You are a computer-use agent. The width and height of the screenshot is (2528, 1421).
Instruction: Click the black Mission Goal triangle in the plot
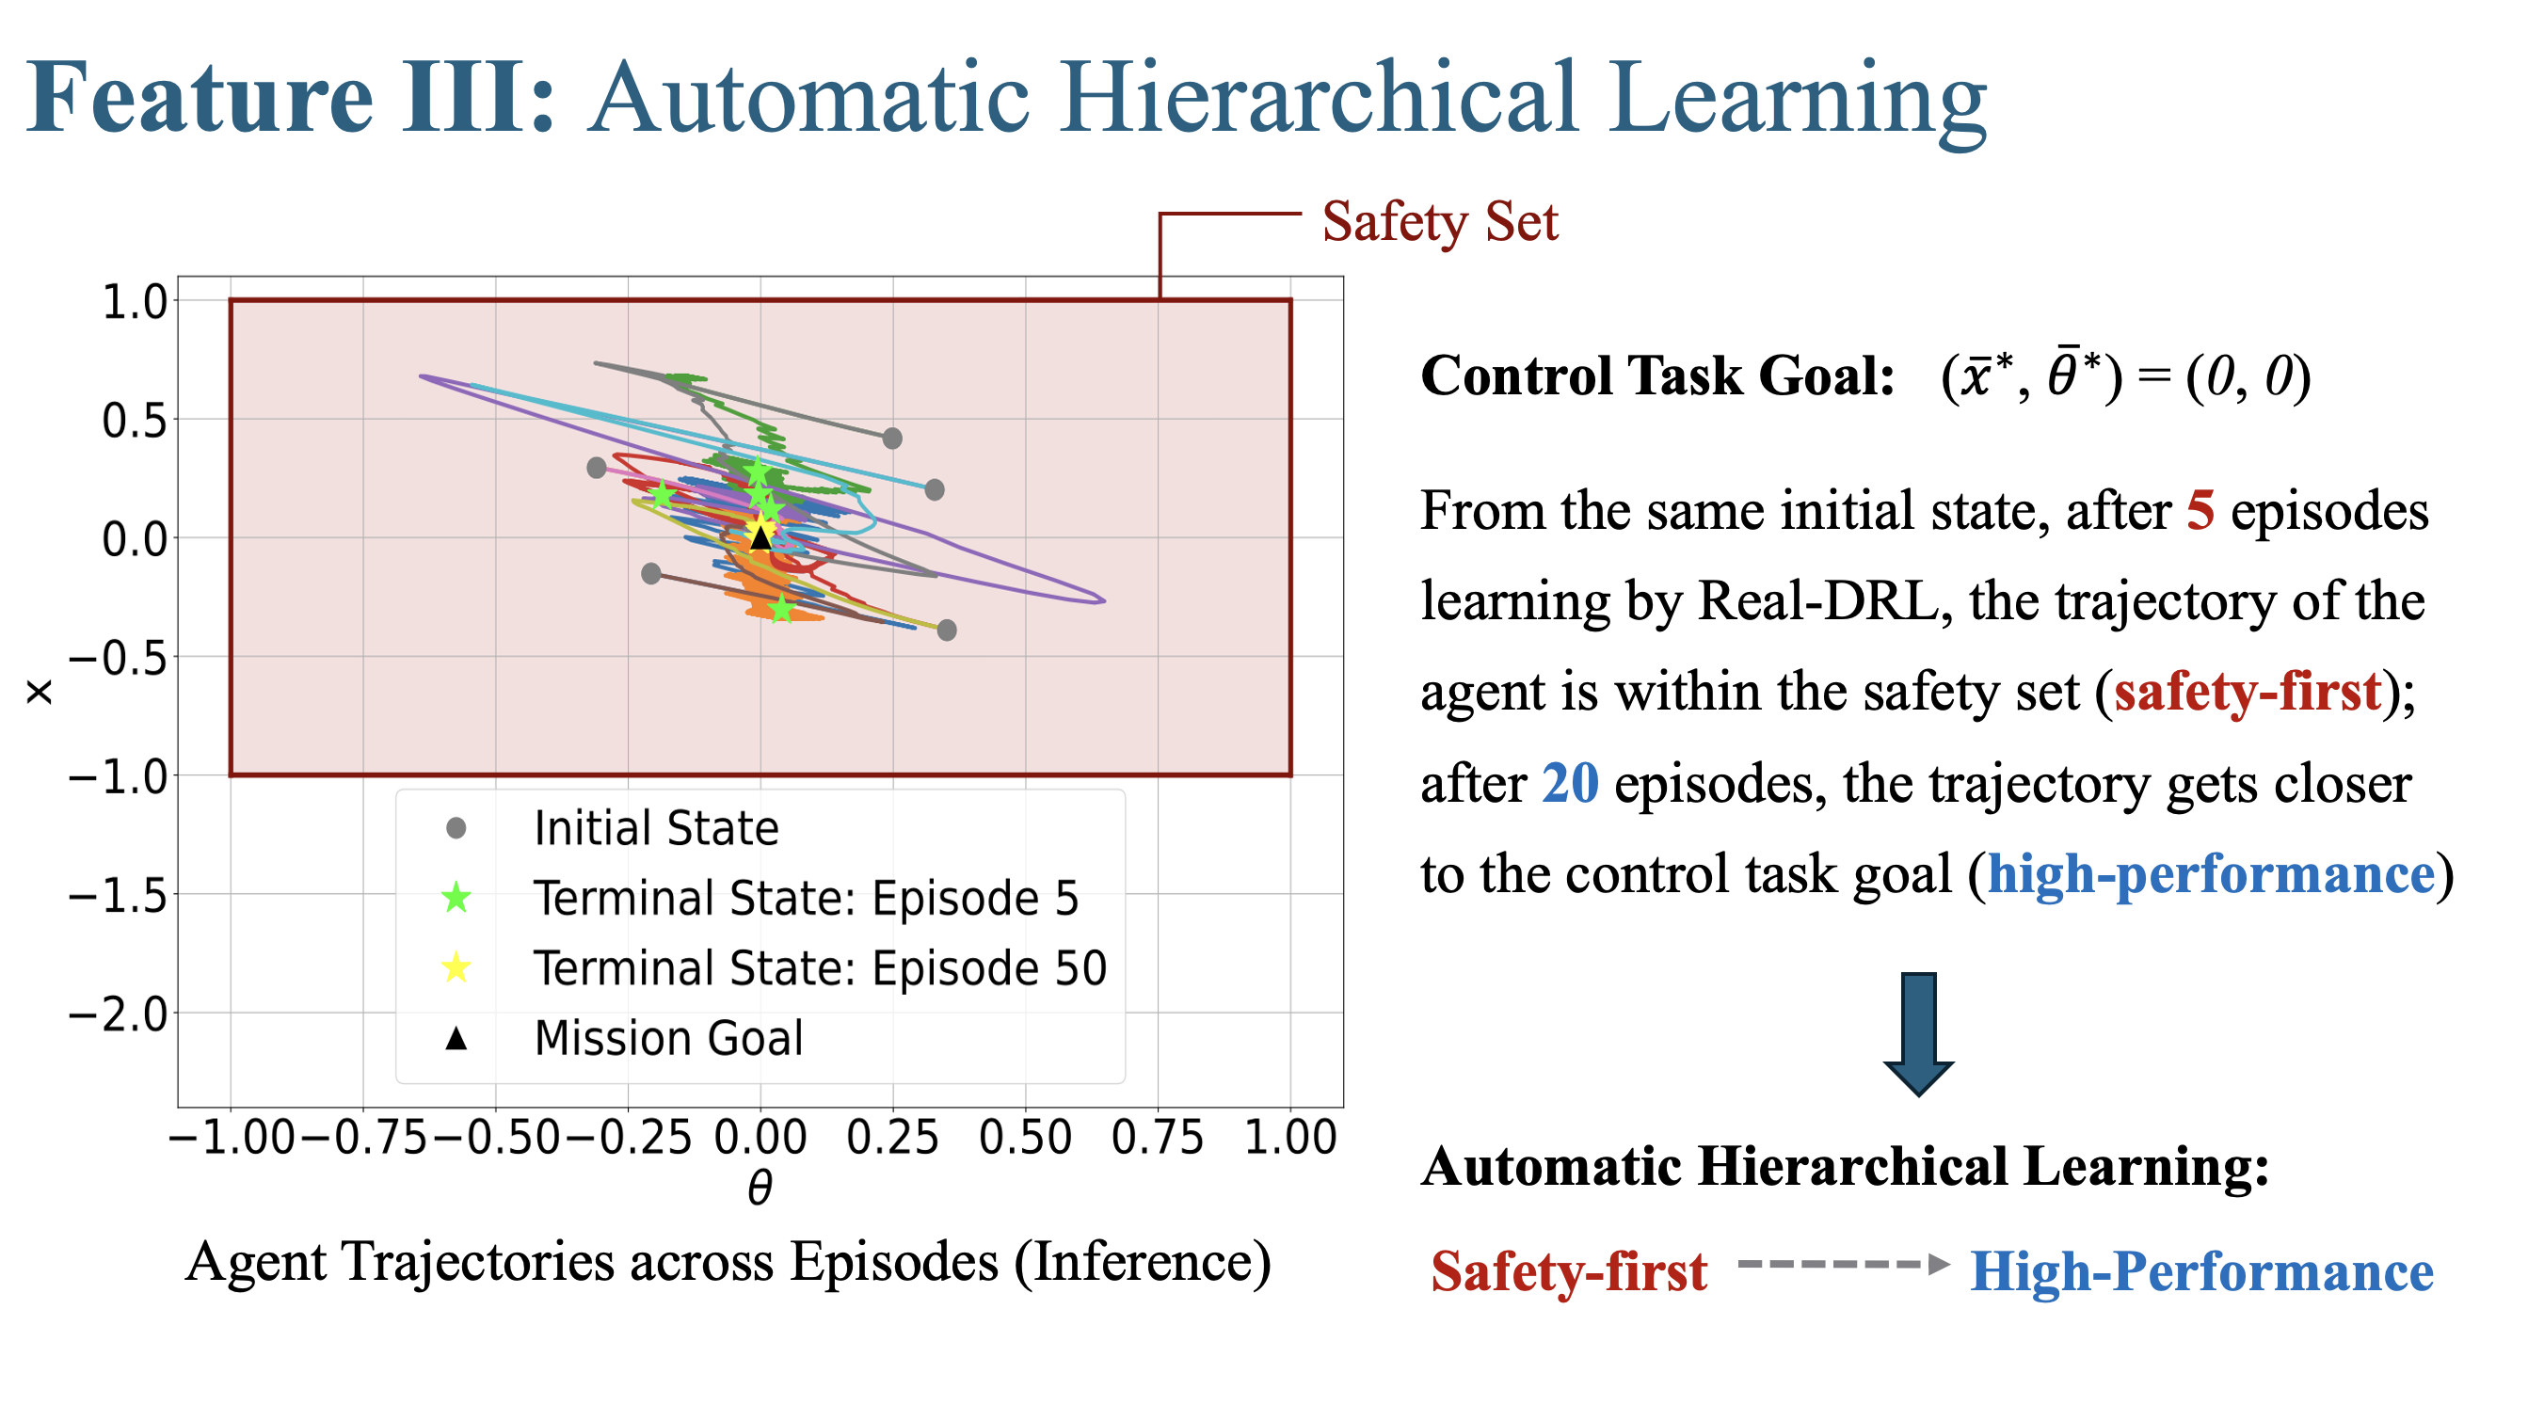point(760,536)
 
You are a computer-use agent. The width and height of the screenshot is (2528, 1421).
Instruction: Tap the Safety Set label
point(1440,222)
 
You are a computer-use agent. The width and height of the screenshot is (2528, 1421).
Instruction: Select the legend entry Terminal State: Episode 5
point(760,897)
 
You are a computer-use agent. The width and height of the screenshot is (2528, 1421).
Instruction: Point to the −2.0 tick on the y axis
point(119,1013)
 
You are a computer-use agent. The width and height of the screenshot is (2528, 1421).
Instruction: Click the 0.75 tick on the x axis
point(1158,1137)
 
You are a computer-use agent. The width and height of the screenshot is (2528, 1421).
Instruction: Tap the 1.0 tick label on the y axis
point(136,301)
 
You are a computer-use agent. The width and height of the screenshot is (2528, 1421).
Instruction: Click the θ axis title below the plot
point(760,1188)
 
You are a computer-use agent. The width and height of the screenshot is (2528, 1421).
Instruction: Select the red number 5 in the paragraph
point(2200,510)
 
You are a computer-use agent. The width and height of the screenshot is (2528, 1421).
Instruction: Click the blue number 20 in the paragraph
point(1570,783)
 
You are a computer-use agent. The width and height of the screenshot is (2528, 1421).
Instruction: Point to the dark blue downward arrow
point(1918,1033)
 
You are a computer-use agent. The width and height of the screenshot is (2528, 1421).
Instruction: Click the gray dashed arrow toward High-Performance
point(1843,1264)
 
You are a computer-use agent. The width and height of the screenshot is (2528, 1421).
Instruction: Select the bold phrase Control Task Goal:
point(1657,375)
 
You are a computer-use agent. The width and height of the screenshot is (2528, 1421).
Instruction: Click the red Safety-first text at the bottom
point(1569,1271)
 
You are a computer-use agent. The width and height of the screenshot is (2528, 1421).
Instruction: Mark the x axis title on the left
point(39,694)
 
